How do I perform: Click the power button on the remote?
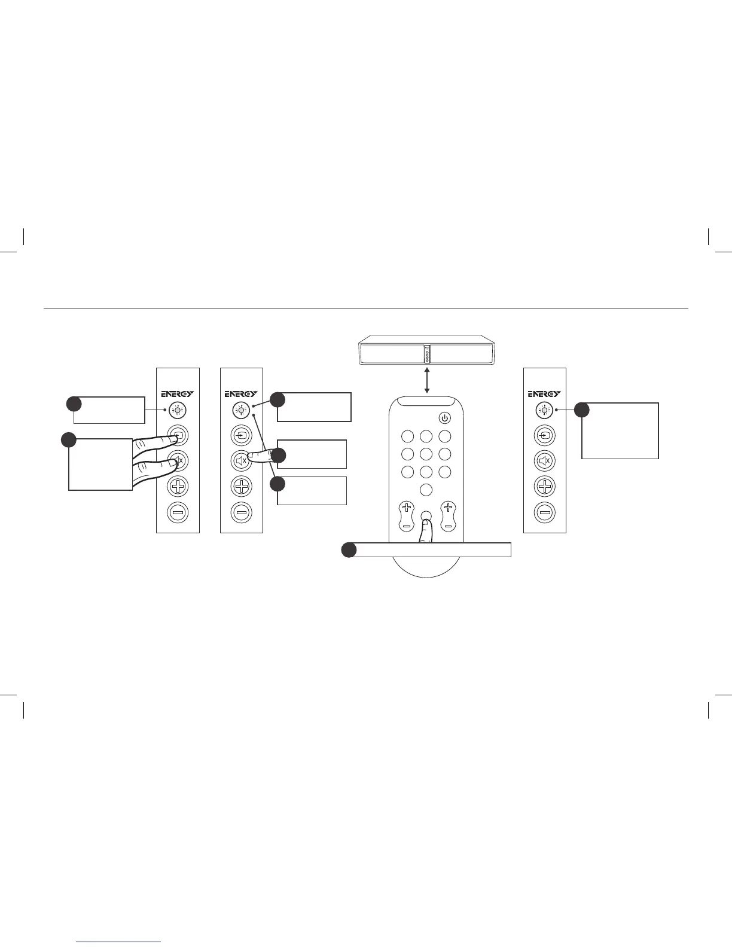[444, 418]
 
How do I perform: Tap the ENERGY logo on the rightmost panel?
[544, 394]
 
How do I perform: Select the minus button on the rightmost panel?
[544, 512]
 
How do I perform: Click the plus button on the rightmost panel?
[544, 487]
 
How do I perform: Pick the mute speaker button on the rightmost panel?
[544, 461]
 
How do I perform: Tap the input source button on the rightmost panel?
[544, 435]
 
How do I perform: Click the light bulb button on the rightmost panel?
[544, 410]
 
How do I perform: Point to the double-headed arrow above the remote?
[426, 381]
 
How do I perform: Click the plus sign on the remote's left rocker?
[407, 508]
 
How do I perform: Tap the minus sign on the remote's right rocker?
[447, 526]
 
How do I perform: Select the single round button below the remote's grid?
[426, 490]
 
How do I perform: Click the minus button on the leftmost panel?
[178, 512]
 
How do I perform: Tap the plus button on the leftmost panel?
[178, 487]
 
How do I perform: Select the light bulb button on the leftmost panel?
[178, 410]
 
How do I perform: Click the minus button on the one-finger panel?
[241, 512]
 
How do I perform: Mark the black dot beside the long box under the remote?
[349, 550]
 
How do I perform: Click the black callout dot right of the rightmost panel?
[582, 410]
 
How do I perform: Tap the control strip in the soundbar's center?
[427, 354]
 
